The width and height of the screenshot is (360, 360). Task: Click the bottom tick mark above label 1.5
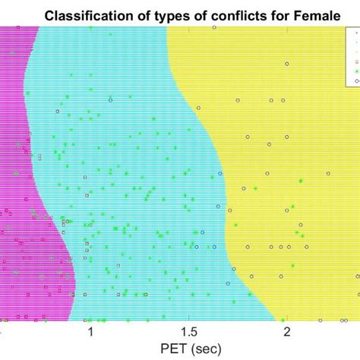(x=188, y=318)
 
